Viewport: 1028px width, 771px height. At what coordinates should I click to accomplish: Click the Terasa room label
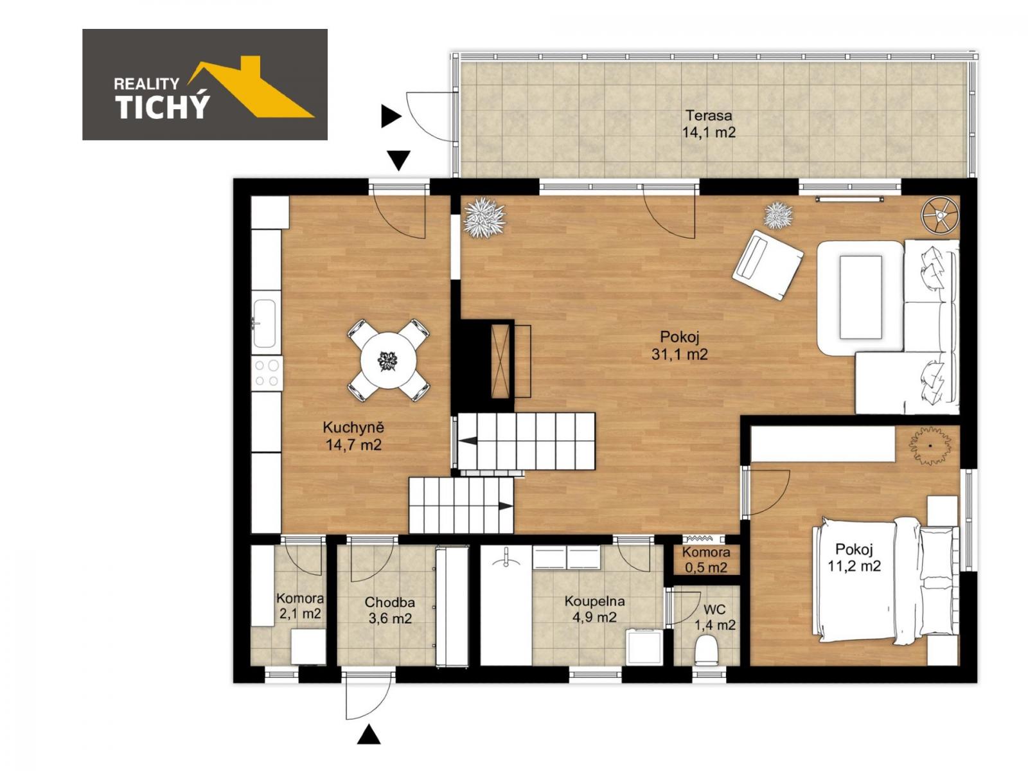(708, 115)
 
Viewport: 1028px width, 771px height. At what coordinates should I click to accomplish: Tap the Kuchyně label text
(353, 427)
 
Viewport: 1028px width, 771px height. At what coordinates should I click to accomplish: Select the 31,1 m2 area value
(679, 354)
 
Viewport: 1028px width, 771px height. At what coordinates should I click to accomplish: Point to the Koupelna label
(594, 601)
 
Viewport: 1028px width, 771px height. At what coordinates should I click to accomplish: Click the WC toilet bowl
(706, 650)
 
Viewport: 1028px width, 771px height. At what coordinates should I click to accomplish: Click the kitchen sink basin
(265, 323)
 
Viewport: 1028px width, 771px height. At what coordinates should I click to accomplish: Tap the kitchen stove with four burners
(267, 373)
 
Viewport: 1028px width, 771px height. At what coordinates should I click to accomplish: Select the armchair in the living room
(768, 264)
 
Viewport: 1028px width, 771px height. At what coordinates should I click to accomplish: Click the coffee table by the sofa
(861, 296)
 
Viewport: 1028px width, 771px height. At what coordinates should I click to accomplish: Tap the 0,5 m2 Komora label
(705, 568)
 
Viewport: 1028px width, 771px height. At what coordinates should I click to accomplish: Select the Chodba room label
(389, 601)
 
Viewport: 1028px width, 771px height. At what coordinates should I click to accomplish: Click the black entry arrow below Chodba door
(369, 734)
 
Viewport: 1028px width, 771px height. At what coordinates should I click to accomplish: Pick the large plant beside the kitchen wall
(484, 218)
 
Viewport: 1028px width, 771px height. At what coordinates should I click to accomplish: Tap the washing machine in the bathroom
(644, 646)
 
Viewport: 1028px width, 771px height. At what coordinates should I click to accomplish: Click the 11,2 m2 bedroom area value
(855, 566)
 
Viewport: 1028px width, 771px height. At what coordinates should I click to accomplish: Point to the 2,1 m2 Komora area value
(300, 613)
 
